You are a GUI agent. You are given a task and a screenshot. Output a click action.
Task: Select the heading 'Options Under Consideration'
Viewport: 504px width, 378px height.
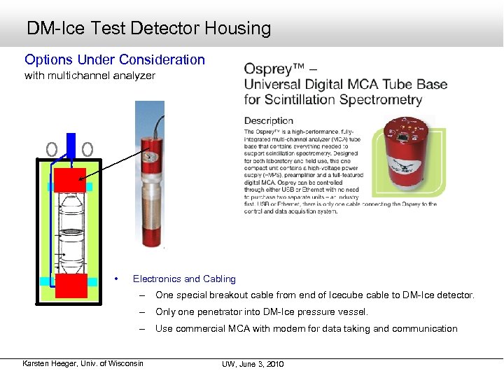pos(115,60)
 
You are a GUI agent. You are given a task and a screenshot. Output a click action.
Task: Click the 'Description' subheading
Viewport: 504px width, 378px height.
pos(269,120)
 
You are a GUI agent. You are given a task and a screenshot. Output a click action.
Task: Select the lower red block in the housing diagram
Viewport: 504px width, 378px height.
pos(71,286)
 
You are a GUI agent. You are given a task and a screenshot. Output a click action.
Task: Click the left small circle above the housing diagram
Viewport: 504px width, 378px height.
pos(51,149)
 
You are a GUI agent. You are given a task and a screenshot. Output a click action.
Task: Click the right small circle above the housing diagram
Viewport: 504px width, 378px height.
pos(87,149)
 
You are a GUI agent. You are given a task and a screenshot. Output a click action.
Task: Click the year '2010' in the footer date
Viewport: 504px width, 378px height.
pos(275,364)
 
